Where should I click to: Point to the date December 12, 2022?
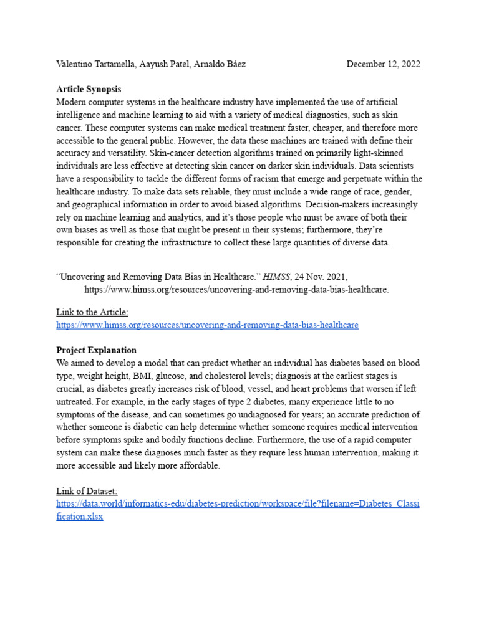(383, 64)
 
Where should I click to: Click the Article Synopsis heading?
(89, 90)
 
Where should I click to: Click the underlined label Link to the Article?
(92, 312)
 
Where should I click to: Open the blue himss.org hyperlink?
(207, 325)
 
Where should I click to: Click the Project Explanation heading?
(96, 350)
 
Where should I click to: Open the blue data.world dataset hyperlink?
(237, 503)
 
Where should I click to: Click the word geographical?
(101, 204)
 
